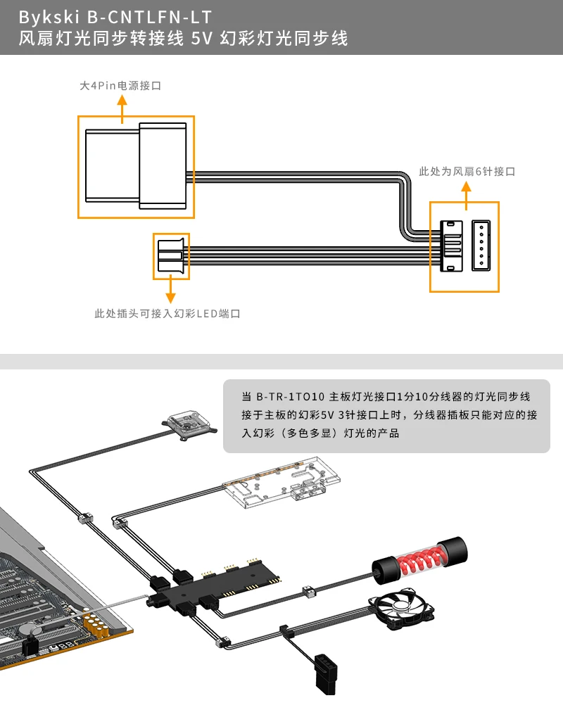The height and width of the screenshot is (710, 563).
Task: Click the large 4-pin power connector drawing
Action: pyautogui.click(x=136, y=167)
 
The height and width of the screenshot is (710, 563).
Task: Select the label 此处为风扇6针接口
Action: pyautogui.click(x=467, y=171)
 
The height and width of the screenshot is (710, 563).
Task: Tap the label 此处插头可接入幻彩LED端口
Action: pyautogui.click(x=167, y=313)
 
